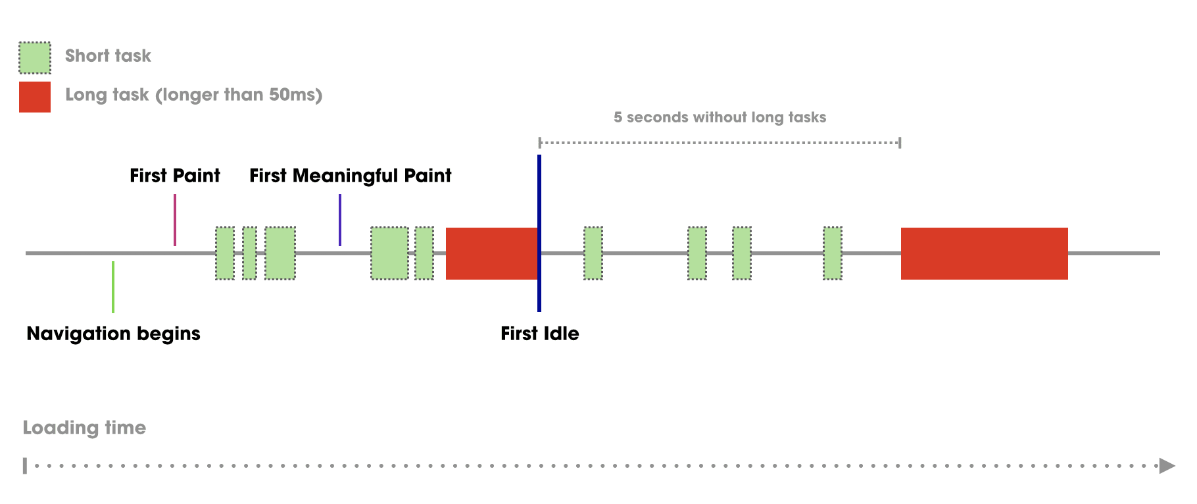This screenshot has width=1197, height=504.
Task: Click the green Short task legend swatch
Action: point(35,58)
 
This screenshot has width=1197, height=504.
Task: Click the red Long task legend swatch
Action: point(35,97)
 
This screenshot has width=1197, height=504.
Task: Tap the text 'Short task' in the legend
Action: point(108,56)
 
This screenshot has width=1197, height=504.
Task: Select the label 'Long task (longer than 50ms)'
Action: point(193,95)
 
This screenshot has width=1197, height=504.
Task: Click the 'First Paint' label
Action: point(174,176)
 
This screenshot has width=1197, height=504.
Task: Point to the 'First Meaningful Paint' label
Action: point(350,176)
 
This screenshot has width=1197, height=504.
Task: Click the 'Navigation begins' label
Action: point(113,334)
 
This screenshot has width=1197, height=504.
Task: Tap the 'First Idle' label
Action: point(539,334)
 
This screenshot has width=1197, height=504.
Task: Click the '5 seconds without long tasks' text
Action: point(720,117)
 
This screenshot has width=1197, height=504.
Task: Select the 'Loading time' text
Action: point(84,428)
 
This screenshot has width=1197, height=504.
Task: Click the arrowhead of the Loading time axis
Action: point(1167,466)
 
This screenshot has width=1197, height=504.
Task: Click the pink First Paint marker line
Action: point(175,220)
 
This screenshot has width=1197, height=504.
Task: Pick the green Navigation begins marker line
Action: point(113,287)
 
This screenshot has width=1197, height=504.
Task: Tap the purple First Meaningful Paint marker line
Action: point(340,220)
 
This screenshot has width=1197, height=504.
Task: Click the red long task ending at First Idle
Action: point(491,253)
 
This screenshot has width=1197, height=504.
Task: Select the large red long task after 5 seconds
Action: point(984,253)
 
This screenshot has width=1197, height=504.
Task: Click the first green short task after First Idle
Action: point(593,253)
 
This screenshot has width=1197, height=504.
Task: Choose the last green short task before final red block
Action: point(832,253)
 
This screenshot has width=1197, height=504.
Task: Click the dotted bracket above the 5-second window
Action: point(720,142)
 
